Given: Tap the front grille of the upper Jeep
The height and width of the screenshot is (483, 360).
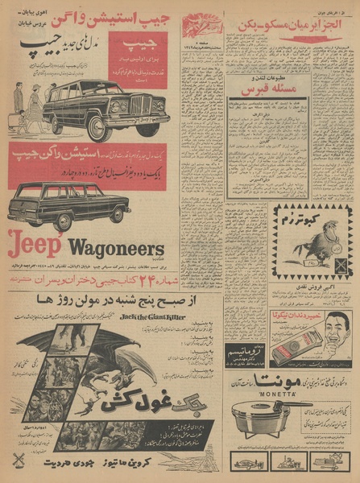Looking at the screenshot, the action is (142, 105).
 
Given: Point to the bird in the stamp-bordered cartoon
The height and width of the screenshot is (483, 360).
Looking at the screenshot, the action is (327, 242).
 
